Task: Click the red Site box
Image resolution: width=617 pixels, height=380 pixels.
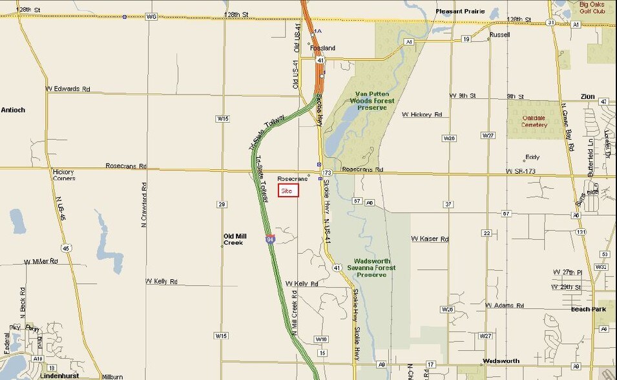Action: click(288, 191)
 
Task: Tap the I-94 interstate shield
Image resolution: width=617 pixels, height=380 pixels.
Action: click(269, 239)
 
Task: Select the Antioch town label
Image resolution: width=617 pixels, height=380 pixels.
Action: click(13, 110)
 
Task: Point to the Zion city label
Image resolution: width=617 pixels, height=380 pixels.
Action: click(587, 96)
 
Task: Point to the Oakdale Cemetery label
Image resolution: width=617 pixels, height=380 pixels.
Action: click(534, 121)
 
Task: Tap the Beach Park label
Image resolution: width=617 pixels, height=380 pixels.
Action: click(589, 309)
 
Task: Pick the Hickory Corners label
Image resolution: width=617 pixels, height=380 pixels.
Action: click(64, 175)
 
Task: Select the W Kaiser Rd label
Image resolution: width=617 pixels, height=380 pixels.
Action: click(430, 239)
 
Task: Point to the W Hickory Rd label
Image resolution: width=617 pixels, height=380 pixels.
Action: click(422, 114)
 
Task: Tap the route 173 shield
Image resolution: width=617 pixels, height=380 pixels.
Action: click(328, 173)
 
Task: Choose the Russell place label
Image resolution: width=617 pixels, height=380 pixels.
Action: click(499, 35)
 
